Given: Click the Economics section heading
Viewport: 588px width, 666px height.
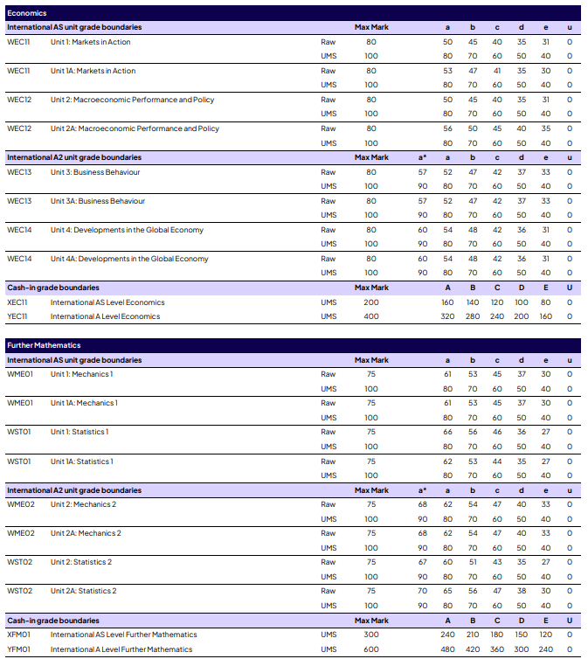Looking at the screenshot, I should (27, 13).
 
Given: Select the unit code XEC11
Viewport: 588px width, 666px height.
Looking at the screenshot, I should (18, 302).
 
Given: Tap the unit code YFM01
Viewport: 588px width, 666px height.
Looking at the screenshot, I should (19, 649).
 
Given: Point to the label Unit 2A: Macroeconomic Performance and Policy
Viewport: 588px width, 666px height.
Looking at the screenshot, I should (135, 128).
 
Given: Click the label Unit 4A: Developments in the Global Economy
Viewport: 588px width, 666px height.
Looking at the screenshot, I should (129, 259).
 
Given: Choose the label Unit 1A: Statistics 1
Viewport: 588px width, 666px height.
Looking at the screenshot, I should (82, 461).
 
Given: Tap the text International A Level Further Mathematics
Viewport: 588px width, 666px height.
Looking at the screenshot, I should (124, 649).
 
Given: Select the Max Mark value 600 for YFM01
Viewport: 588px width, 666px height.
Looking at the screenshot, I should (371, 649).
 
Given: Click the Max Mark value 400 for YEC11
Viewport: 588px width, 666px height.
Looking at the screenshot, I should (371, 316).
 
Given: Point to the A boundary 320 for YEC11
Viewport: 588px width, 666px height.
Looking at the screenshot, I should (447, 316).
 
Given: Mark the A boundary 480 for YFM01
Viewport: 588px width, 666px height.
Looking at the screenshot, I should (447, 649).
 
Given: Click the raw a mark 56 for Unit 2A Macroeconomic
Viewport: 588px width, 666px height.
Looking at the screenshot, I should (447, 128).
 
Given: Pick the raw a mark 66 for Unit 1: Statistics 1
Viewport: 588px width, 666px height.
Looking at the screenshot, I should (447, 432).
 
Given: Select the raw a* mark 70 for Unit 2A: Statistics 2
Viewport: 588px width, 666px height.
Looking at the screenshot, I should (423, 591).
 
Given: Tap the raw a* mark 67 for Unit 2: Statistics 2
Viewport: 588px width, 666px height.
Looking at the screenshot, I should (423, 562).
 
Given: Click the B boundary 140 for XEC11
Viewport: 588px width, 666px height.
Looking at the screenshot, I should (472, 302).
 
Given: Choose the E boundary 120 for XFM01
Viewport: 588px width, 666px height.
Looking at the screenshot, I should (545, 635).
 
